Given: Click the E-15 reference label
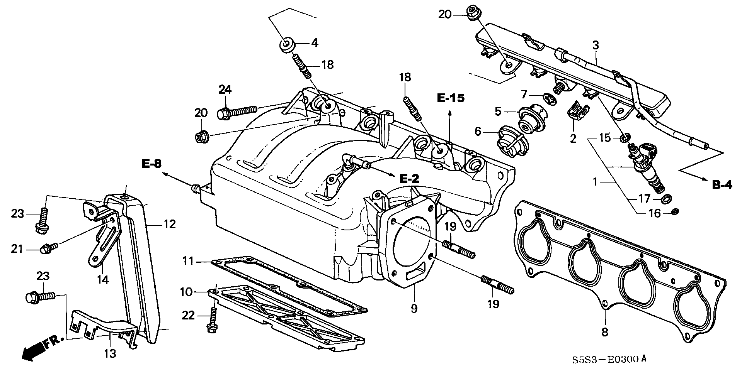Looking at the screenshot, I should click(450, 98).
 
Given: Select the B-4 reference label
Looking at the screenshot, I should click(722, 185).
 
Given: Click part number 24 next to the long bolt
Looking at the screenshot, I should click(225, 90).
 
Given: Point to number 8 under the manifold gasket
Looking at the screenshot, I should click(605, 332).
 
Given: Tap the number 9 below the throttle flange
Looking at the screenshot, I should click(414, 309).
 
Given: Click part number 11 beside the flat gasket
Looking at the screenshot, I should click(188, 261).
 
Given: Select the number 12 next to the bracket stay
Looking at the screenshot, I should click(169, 224).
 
